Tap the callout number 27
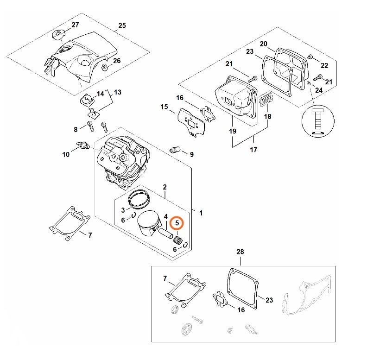75,25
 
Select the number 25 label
122,25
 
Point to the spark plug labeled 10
83,145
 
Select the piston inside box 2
148,225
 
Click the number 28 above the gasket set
240,252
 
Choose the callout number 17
253,149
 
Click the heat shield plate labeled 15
190,121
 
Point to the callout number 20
263,44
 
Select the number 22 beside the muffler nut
324,65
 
